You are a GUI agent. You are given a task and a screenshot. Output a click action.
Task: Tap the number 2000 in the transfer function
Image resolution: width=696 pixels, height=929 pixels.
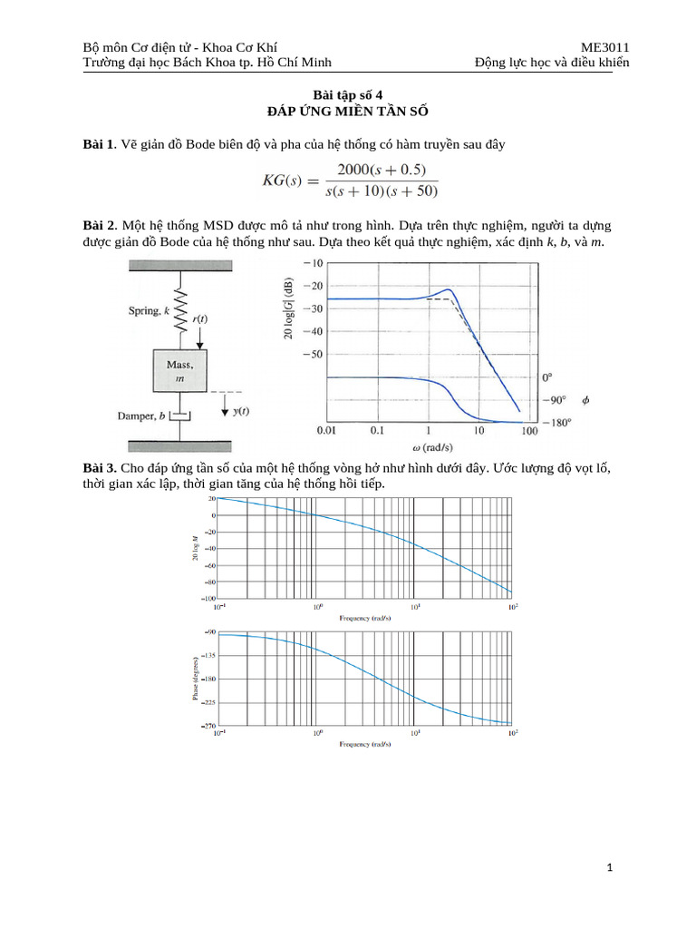pyautogui.click(x=357, y=170)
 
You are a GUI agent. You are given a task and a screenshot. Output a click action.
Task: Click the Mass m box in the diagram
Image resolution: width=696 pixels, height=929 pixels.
pyautogui.click(x=179, y=370)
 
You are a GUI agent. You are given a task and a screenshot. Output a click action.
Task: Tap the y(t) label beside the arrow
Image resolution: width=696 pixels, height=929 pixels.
pyautogui.click(x=241, y=411)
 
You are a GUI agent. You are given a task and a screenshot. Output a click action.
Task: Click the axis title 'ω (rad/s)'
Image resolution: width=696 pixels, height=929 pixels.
pyautogui.click(x=427, y=446)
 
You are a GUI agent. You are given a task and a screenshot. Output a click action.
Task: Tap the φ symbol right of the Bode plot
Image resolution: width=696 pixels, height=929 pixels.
pyautogui.click(x=585, y=399)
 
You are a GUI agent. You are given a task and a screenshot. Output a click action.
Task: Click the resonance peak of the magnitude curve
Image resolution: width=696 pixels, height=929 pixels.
pyautogui.click(x=449, y=288)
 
